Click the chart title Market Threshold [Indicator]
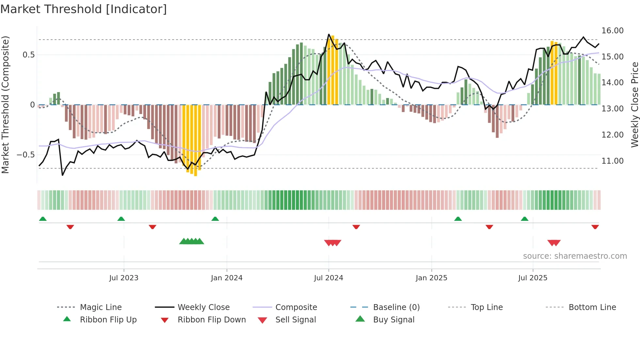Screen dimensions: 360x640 (x=84, y=9)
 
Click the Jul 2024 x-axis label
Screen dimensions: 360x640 (x=328, y=278)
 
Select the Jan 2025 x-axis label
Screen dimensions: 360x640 (x=431, y=278)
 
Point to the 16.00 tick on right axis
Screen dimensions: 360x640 (x=612, y=31)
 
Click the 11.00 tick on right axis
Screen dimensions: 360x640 (x=612, y=161)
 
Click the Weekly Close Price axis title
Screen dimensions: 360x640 (x=634, y=105)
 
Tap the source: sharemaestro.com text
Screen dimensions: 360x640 (x=575, y=256)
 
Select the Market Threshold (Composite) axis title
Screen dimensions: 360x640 (x=5, y=105)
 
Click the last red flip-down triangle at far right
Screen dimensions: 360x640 (x=595, y=227)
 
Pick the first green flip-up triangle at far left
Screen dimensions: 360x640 (x=43, y=219)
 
